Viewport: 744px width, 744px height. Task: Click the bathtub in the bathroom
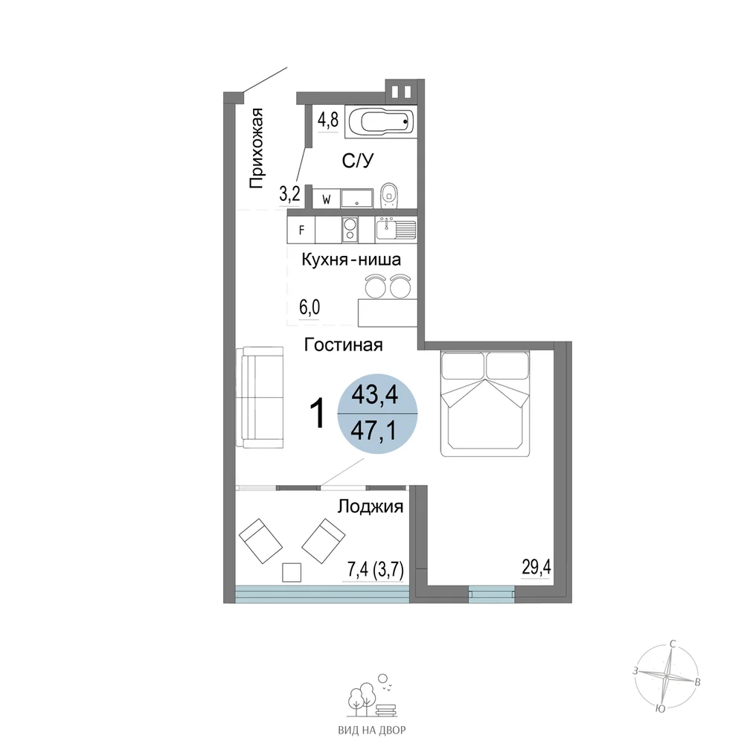(x=381, y=122)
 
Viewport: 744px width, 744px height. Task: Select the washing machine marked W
(x=327, y=199)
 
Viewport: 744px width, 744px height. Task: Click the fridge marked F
(x=301, y=230)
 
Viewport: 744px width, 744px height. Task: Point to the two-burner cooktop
(x=350, y=230)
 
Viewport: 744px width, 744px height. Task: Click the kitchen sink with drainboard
(x=396, y=229)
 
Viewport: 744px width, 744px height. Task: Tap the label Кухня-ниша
(x=351, y=260)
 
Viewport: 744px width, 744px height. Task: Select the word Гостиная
(x=343, y=344)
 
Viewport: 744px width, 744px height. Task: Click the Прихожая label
(x=256, y=149)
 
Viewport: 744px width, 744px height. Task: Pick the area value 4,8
(x=328, y=120)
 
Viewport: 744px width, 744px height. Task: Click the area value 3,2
(x=289, y=194)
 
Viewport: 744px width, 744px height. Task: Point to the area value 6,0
(x=310, y=307)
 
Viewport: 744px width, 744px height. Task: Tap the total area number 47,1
(x=373, y=432)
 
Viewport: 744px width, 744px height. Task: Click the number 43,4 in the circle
(x=374, y=394)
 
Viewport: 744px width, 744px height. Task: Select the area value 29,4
(x=536, y=566)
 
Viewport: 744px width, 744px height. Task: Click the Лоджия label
(x=370, y=507)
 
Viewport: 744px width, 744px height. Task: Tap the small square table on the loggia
(x=292, y=572)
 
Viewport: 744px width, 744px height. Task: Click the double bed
(x=485, y=403)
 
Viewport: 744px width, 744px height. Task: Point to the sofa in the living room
(x=260, y=397)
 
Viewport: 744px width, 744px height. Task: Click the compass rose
(x=667, y=675)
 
